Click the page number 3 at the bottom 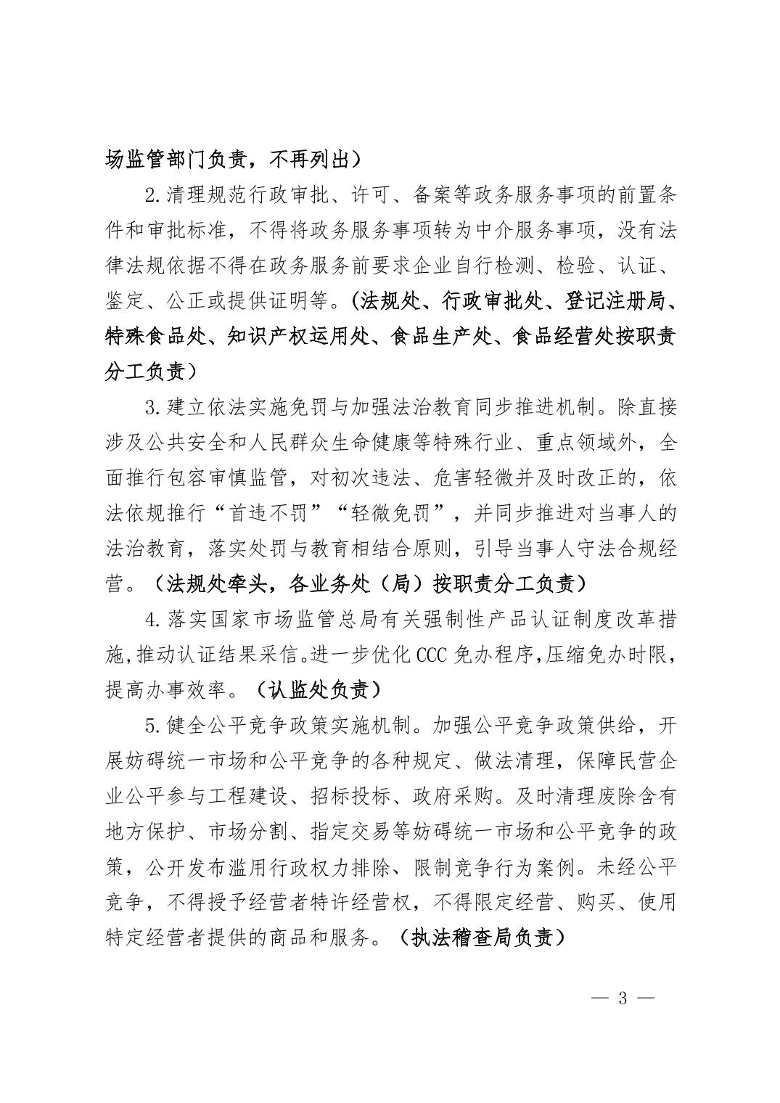pos(622,997)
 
